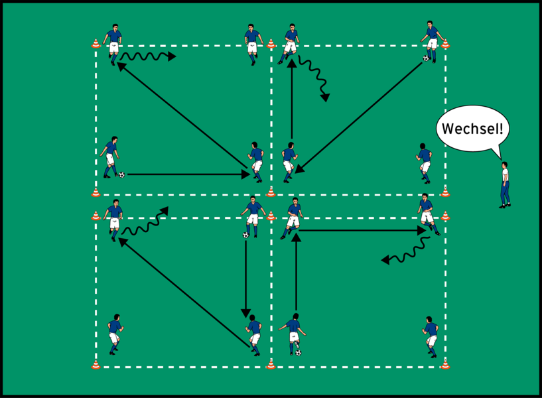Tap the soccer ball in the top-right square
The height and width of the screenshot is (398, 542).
pyautogui.click(x=426, y=58)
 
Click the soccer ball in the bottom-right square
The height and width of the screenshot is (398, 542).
pyautogui.click(x=298, y=352)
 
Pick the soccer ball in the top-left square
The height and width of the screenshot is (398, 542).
pyautogui.click(x=121, y=174)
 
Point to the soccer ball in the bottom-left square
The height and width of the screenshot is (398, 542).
pyautogui.click(x=245, y=235)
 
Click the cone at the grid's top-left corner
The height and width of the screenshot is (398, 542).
pyautogui.click(x=96, y=44)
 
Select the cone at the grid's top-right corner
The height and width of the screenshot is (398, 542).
pyautogui.click(x=445, y=44)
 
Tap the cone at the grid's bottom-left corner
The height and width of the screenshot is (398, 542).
pyautogui.click(x=96, y=364)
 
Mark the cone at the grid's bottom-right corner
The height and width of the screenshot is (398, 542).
pyautogui.click(x=445, y=364)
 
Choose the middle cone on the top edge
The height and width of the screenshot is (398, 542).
pyautogui.click(x=271, y=44)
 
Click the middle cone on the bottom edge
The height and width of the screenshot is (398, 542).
pyautogui.click(x=271, y=364)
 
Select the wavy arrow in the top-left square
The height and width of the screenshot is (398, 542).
pyautogui.click(x=149, y=56)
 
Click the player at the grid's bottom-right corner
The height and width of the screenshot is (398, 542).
pyautogui.click(x=431, y=334)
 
